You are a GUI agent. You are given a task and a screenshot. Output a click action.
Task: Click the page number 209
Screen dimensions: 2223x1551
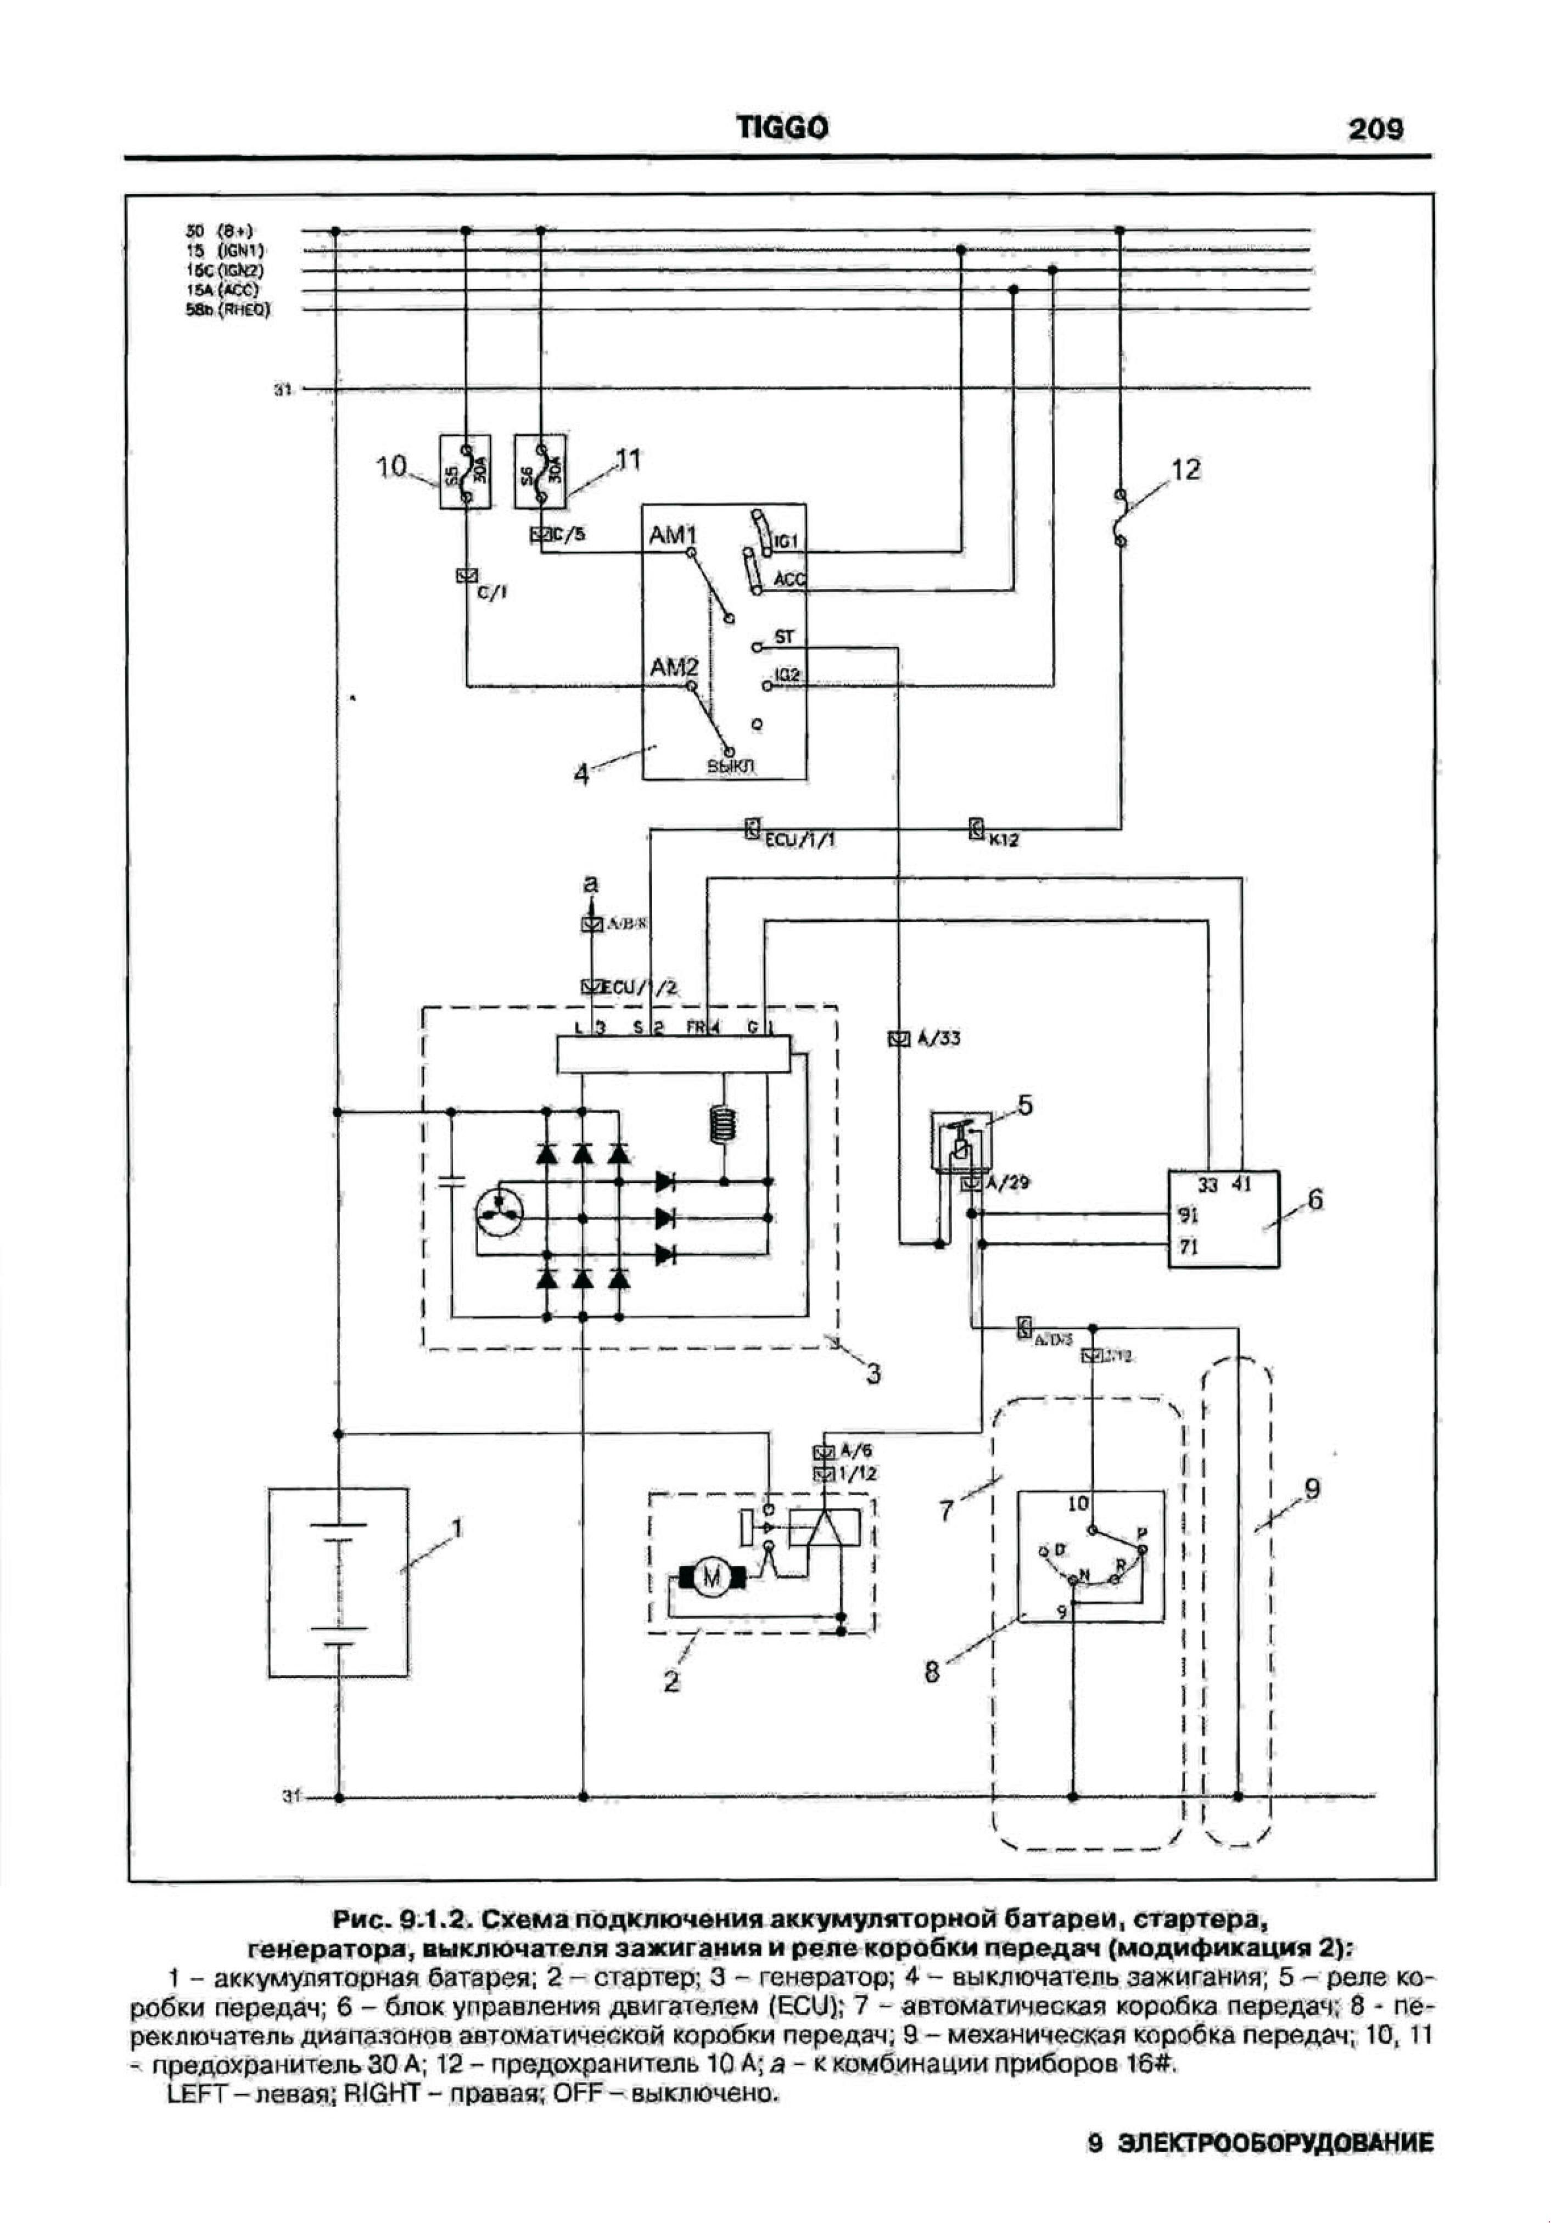[1374, 130]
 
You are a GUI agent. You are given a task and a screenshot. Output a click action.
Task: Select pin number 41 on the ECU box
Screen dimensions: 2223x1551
[1241, 1184]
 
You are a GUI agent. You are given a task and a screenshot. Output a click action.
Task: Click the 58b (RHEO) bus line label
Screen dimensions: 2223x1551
[228, 310]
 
